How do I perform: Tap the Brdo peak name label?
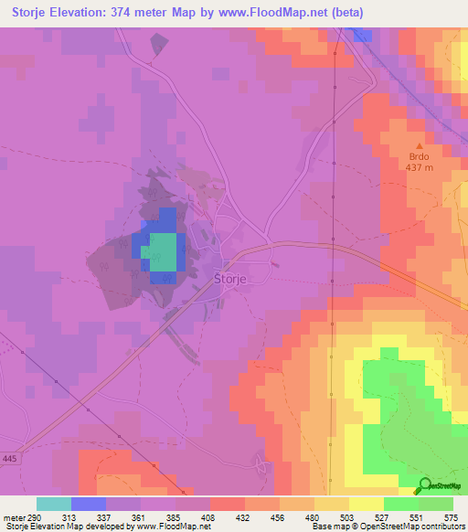[x=420, y=156]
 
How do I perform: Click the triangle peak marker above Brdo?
[x=420, y=145]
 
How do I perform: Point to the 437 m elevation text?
[x=420, y=167]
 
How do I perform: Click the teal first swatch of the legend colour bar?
[x=54, y=504]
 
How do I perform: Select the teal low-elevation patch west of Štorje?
[x=163, y=249]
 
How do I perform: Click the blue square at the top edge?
[x=363, y=34]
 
